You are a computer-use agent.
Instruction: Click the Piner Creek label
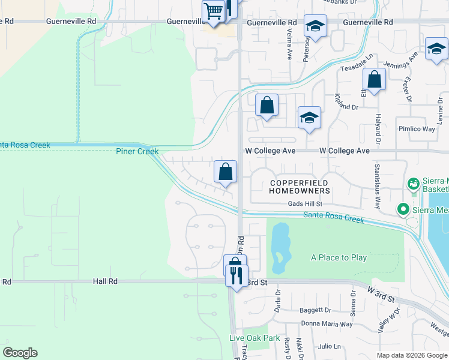[137, 151]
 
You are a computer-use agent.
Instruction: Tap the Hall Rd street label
[105, 281]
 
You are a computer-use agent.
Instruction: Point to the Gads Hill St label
[309, 204]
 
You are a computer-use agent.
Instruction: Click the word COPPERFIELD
[299, 182]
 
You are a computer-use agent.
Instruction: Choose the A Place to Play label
[339, 257]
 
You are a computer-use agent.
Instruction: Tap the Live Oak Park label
[255, 338]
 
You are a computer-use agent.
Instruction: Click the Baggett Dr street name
[315, 310]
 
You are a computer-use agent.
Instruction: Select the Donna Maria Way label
[327, 324]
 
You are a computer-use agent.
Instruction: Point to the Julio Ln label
[330, 346]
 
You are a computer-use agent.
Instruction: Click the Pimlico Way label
[417, 129]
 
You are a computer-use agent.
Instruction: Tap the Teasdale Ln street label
[354, 70]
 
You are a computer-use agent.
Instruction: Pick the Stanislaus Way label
[378, 186]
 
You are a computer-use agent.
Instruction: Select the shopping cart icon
[213, 10]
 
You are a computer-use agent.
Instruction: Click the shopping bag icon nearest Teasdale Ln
[374, 79]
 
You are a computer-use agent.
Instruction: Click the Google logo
[20, 353]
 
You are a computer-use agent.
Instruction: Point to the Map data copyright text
[412, 355]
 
